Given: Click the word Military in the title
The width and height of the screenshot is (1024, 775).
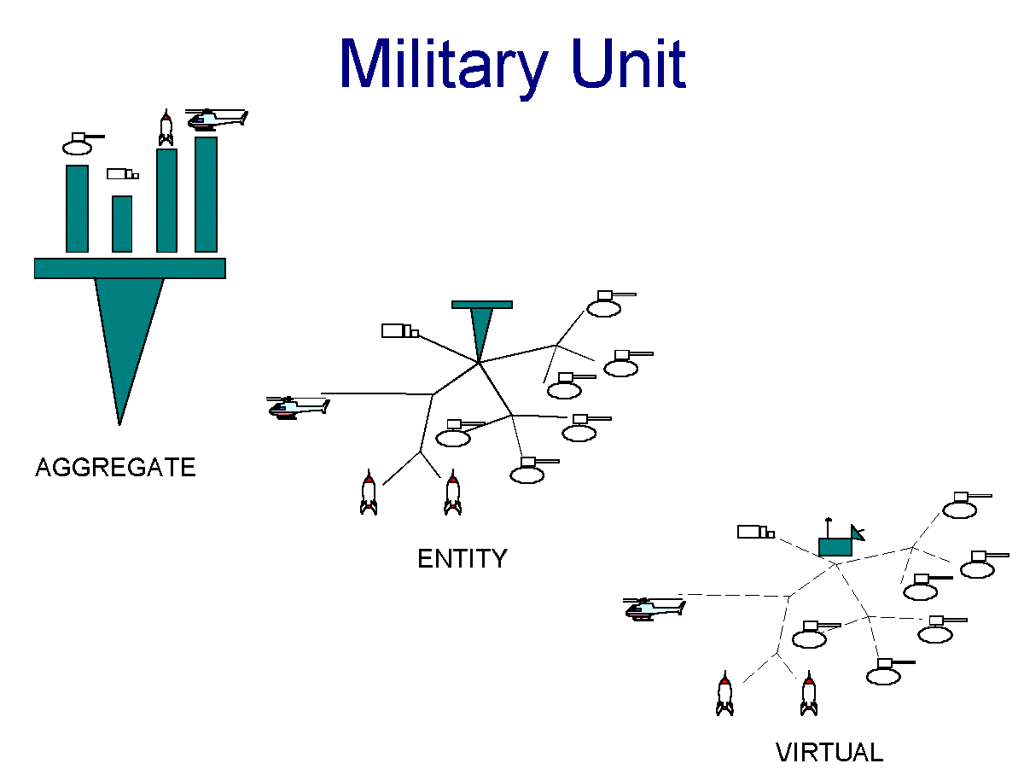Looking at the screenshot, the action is [x=444, y=67].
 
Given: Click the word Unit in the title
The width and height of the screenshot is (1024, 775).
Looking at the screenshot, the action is [x=628, y=63].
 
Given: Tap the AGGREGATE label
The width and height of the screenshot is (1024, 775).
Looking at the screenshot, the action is [x=115, y=468].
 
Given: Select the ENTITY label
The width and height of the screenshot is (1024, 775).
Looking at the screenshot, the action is [x=462, y=558].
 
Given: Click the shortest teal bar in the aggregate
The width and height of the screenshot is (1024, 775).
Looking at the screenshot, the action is [x=122, y=224].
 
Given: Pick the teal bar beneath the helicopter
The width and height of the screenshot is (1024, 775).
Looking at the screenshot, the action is [x=206, y=195].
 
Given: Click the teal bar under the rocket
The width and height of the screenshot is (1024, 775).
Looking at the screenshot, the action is [x=166, y=201].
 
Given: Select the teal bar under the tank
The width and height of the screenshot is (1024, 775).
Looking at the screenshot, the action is [x=77, y=208].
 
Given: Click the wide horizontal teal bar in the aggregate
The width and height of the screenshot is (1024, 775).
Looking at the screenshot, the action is [x=130, y=268].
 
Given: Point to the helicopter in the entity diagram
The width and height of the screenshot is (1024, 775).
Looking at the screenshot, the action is [x=298, y=407].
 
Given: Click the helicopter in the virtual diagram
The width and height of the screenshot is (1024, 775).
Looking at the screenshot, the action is [x=654, y=609].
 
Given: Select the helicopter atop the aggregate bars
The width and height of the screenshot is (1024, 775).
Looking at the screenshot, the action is [x=217, y=119].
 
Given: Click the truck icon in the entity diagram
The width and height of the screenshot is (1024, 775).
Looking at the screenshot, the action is [x=400, y=331].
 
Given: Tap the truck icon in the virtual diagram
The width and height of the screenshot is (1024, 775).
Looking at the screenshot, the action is [x=756, y=532].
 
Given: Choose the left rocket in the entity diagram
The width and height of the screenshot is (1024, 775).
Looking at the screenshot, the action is [x=368, y=492].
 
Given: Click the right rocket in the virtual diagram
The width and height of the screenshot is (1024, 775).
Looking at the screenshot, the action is [x=808, y=694].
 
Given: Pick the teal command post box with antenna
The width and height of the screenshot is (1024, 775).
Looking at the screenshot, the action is [x=841, y=539].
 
